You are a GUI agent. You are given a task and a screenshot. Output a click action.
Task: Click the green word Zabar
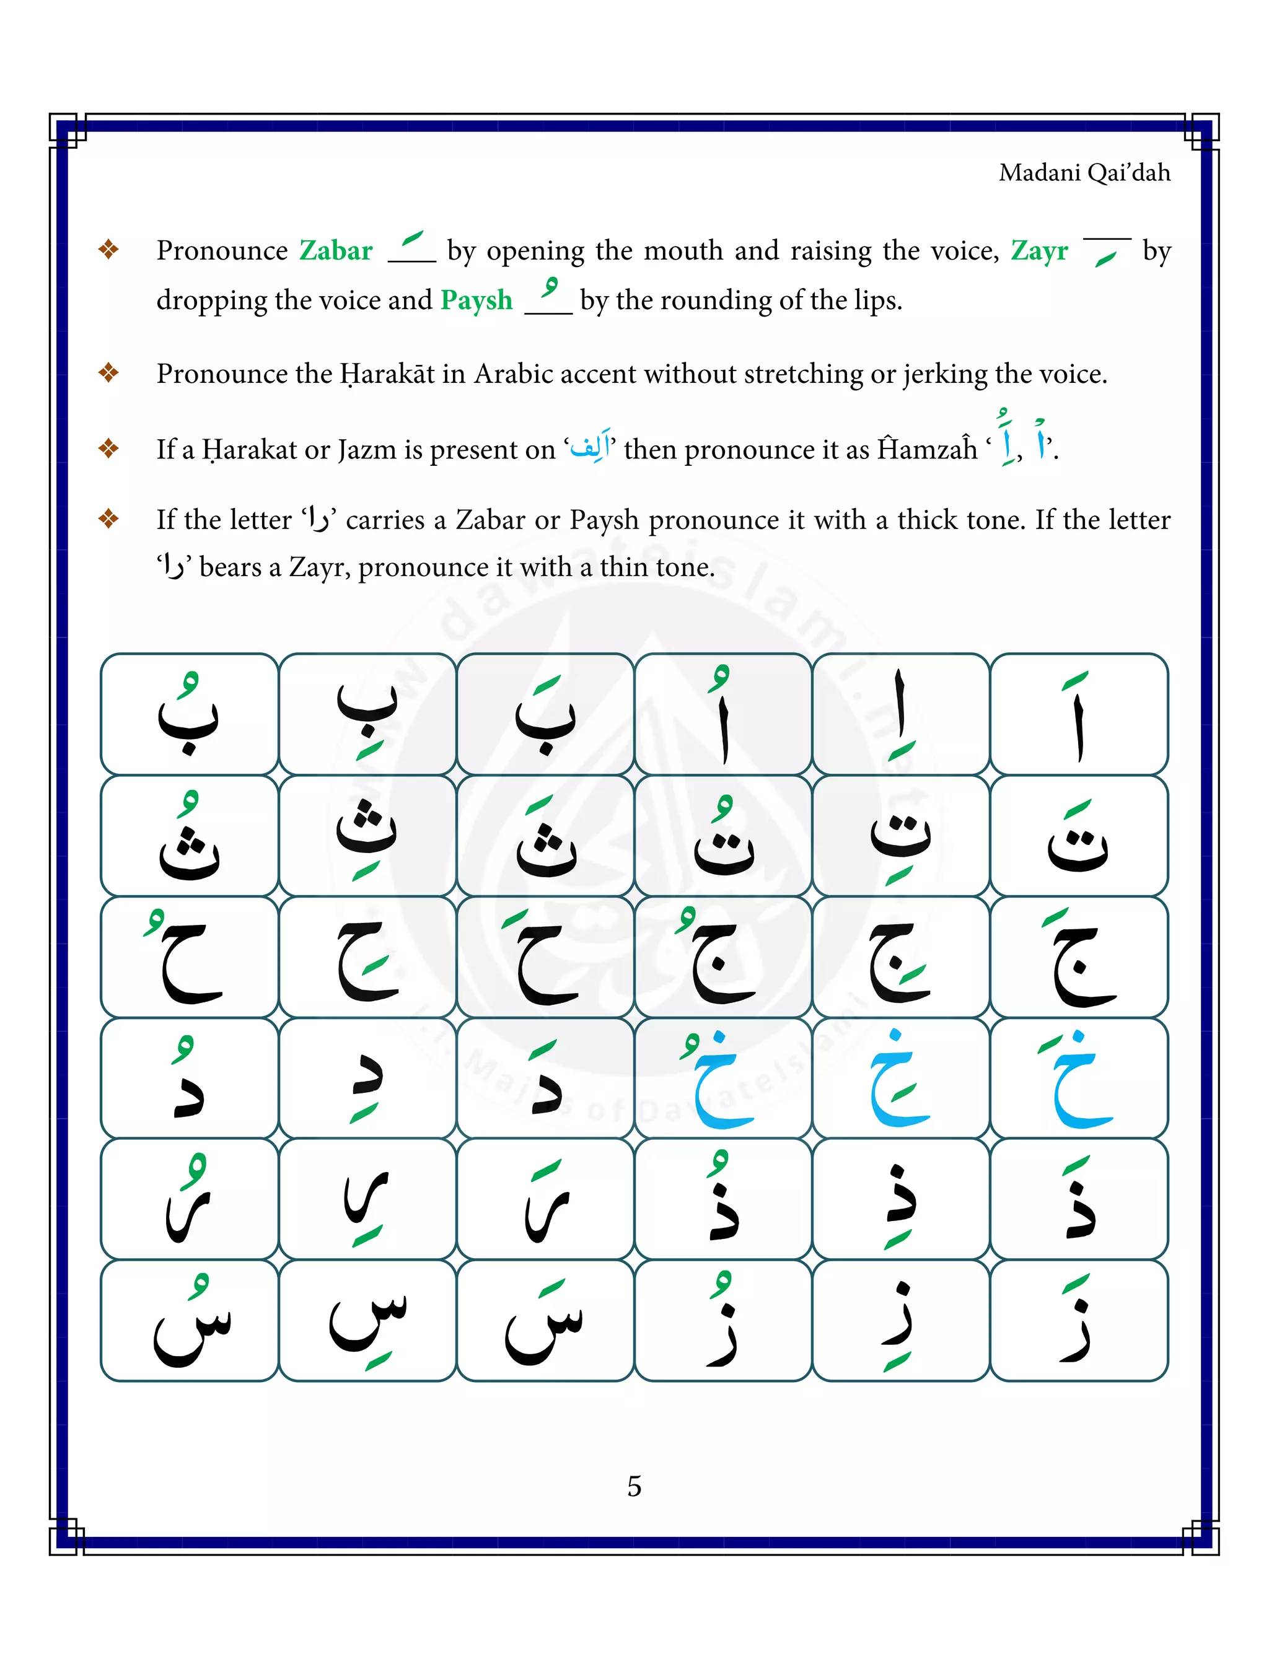335,250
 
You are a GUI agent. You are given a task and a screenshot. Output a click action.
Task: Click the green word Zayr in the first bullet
1038,250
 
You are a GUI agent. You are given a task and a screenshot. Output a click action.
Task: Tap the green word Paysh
476,300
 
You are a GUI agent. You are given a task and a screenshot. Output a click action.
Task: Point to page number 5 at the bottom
634,1486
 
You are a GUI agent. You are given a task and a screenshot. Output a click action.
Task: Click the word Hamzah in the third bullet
927,449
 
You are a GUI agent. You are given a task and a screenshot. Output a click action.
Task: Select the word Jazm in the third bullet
366,449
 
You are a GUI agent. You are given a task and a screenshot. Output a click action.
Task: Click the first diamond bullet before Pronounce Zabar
109,249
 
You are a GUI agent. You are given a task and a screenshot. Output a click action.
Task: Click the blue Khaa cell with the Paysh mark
723,1077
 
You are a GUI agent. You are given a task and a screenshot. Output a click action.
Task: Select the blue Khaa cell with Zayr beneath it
900,1077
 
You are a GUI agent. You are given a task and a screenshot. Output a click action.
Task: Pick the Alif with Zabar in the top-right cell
1079,714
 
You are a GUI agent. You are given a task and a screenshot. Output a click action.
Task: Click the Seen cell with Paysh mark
190,1321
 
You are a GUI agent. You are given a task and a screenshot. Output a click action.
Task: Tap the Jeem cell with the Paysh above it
723,956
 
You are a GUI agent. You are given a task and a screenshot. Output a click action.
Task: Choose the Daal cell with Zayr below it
367,1077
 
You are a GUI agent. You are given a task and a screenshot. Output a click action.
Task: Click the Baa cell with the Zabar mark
545,714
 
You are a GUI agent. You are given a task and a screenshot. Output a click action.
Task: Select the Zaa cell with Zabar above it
1079,1321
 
